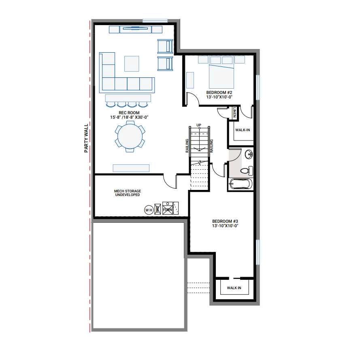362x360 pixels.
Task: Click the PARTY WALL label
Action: [86, 138]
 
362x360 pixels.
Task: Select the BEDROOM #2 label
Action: [219, 95]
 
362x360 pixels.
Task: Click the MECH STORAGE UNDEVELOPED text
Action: [127, 193]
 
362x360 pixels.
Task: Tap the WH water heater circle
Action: [149, 209]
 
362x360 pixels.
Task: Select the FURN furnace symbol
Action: [168, 208]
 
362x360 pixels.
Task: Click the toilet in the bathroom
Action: [246, 171]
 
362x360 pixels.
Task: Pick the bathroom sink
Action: [249, 154]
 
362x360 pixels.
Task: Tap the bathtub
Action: [241, 184]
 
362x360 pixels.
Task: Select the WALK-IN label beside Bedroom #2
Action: [242, 130]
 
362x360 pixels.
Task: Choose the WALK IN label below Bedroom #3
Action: [234, 288]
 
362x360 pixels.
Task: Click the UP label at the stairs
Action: [199, 125]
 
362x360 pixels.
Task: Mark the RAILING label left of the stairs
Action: [187, 146]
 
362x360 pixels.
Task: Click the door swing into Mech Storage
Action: [170, 181]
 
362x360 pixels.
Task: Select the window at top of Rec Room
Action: [155, 20]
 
